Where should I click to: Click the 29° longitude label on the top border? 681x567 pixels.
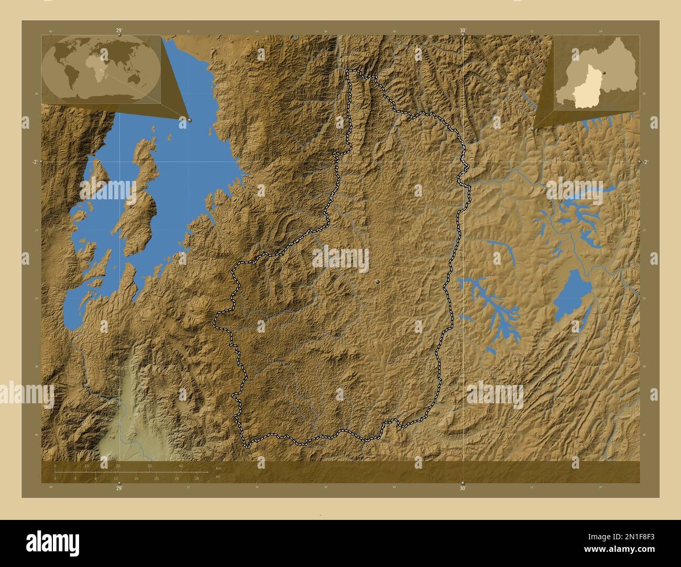pyautogui.click(x=119, y=30)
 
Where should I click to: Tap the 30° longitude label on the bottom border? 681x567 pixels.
pyautogui.click(x=463, y=489)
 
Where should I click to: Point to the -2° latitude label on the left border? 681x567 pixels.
pyautogui.click(x=35, y=162)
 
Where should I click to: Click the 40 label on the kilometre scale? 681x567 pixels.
pyautogui.click(x=181, y=466)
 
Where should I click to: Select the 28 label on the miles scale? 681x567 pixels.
pyautogui.click(x=197, y=479)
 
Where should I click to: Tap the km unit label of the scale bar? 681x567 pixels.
pyautogui.click(x=218, y=468)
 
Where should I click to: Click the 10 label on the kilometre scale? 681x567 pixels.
pyautogui.click(x=86, y=466)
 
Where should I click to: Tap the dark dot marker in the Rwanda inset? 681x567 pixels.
pyautogui.click(x=603, y=74)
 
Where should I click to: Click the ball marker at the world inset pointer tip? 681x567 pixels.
pyautogui.click(x=190, y=120)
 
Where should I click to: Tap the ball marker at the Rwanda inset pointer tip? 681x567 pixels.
pyautogui.click(x=533, y=128)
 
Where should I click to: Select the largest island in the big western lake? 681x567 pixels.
pyautogui.click(x=139, y=199)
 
